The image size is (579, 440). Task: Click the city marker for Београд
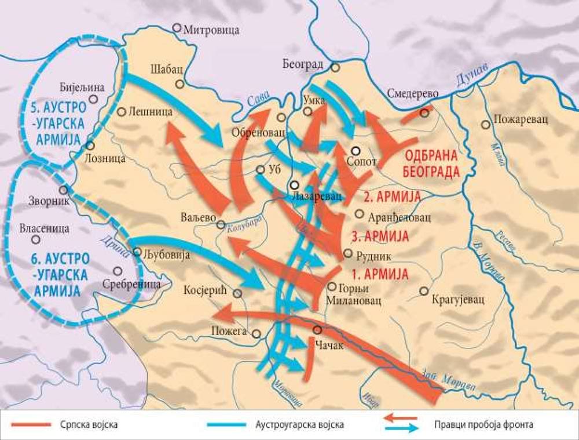tap(335, 67)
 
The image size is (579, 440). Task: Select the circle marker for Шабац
tap(180, 84)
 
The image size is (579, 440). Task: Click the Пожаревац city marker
tap(485, 124)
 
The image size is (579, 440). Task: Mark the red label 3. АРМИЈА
tap(380, 236)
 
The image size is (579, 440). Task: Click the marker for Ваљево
tap(221, 224)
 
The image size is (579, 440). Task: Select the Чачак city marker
tap(317, 330)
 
